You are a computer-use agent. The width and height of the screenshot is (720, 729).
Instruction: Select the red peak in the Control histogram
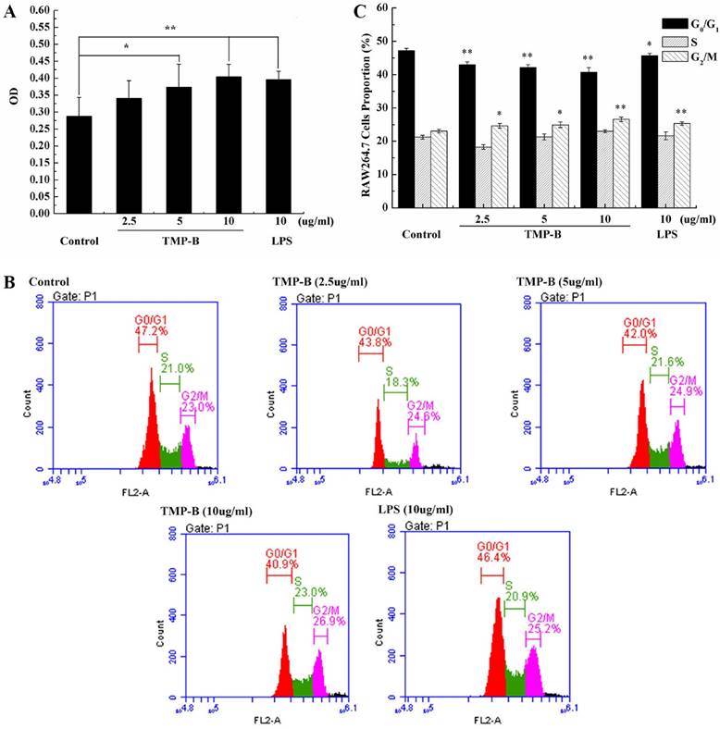click(x=150, y=426)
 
